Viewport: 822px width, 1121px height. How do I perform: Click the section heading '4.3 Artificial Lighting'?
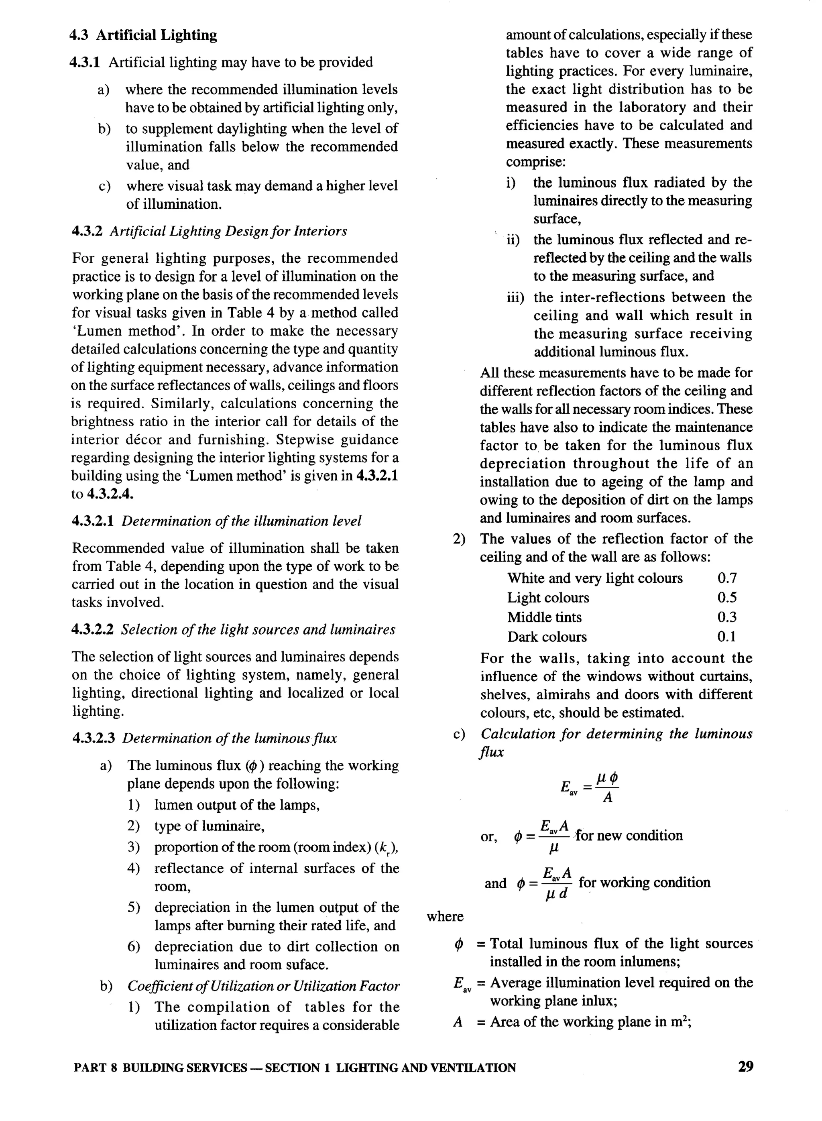pos(143,35)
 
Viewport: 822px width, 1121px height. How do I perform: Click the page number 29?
pos(745,1066)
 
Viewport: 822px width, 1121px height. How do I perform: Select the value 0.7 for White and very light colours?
pos(726,578)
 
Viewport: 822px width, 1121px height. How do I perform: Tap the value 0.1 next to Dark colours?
pos(726,637)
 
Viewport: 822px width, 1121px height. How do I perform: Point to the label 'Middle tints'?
pos(544,617)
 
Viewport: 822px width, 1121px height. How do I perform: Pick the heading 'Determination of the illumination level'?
pos(241,521)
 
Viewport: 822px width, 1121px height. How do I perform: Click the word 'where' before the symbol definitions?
pos(445,916)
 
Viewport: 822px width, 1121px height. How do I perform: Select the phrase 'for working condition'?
pos(644,883)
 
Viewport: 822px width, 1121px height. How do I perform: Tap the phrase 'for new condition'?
pos(629,835)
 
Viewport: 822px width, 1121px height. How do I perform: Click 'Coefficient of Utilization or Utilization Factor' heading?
pos(263,986)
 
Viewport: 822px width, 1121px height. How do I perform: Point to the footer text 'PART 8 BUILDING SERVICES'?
pos(160,1068)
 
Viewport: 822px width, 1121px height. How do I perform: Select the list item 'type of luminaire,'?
pos(210,826)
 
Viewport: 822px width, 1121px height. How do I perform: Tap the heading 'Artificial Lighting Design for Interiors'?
pos(228,231)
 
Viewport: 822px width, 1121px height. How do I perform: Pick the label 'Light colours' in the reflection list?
pos(548,598)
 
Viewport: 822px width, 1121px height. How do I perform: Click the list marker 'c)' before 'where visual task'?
pos(104,187)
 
